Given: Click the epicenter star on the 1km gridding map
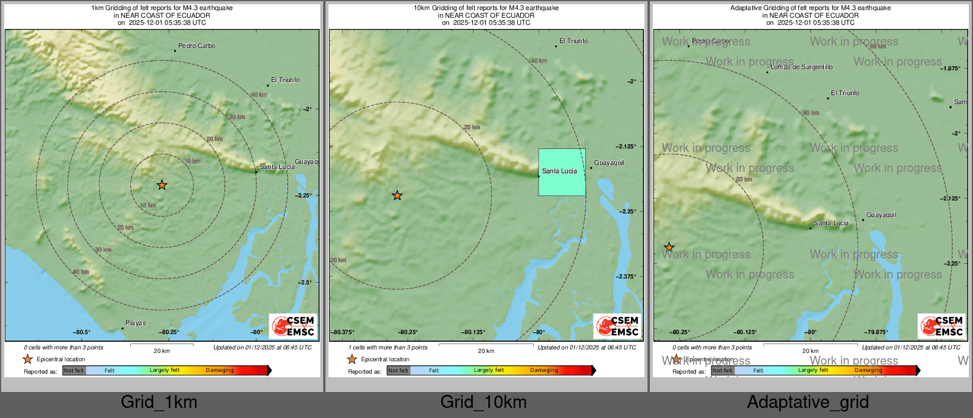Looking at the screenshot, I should [162, 185].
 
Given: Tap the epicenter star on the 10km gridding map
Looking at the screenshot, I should [397, 195].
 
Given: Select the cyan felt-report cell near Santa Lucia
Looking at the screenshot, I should [562, 172].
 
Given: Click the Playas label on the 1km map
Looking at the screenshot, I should [136, 323].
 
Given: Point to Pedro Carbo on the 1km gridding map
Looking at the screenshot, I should [196, 46].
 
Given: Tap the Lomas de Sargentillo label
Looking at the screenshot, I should [801, 67].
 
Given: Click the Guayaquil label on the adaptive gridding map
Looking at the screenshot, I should [881, 215].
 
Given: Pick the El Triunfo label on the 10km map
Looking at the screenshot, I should [574, 41].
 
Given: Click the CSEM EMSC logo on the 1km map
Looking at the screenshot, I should [293, 326].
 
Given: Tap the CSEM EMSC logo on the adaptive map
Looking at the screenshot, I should [942, 326].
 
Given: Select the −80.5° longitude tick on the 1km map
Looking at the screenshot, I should [82, 332].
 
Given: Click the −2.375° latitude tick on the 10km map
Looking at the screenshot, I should [626, 277].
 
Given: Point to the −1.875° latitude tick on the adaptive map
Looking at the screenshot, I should [950, 69].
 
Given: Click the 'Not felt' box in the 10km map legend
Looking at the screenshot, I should [398, 371].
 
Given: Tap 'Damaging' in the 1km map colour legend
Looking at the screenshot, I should [220, 371].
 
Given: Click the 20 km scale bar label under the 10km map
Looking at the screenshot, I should [486, 351].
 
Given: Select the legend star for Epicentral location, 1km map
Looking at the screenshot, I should [28, 359].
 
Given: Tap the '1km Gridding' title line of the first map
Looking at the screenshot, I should [162, 8].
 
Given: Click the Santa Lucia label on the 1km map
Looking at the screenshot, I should [277, 167].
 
